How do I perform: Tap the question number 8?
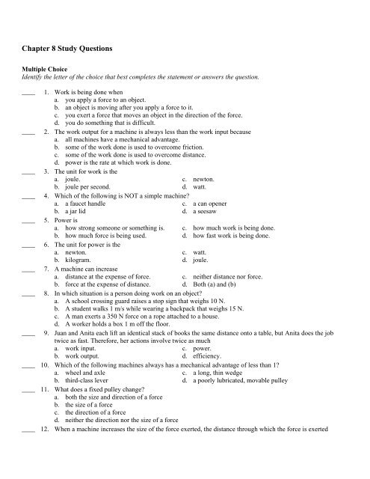pos(47,295)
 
